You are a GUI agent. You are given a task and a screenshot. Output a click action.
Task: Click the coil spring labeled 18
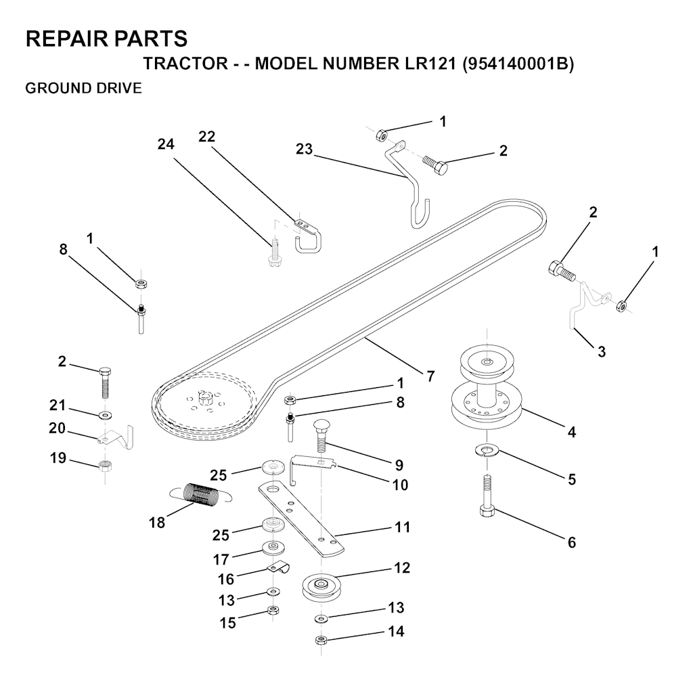pos(202,493)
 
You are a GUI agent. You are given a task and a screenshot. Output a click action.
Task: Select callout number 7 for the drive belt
pos(430,376)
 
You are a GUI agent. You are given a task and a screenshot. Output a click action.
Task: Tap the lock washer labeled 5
pos(486,451)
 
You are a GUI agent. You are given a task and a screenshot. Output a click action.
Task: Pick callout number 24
pos(166,144)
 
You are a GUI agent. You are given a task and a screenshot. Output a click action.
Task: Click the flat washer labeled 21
pos(106,415)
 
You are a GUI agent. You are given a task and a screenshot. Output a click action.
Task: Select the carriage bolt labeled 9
pos(321,435)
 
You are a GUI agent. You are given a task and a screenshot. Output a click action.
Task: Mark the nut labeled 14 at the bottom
pos(321,640)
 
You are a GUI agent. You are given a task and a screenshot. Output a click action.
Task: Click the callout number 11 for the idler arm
pos(402,527)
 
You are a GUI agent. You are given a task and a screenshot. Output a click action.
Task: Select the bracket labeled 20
pos(116,437)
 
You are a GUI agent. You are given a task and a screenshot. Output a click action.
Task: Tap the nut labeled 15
pos(273,611)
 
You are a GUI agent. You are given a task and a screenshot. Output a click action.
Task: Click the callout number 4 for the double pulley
pos(571,432)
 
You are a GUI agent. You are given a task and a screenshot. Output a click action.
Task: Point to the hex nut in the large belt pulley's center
pos(204,399)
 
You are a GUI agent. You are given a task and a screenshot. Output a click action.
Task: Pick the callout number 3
pos(601,352)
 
